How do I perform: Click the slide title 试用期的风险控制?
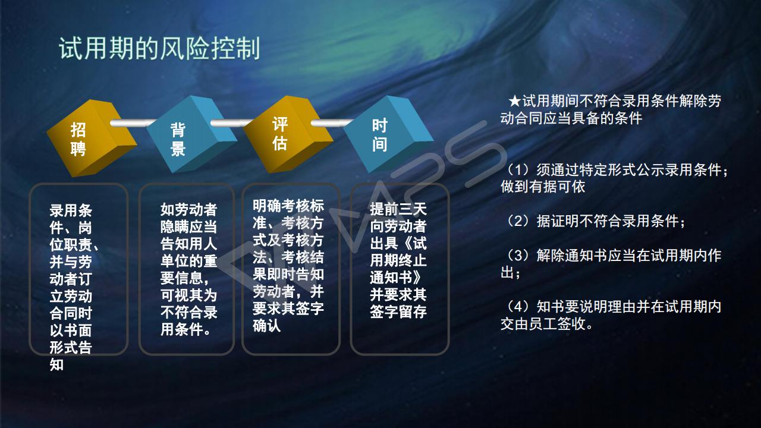point(159,49)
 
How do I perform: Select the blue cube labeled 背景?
point(191,134)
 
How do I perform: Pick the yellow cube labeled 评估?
point(288,134)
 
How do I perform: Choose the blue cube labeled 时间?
point(388,134)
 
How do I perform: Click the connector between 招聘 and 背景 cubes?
point(133,122)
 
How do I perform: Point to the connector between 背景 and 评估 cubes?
point(232,122)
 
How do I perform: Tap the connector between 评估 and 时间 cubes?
point(332,122)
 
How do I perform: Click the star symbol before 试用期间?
point(515,101)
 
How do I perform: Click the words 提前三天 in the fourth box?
point(398,209)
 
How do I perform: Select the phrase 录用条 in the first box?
point(71,210)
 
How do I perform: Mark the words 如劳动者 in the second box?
point(188,209)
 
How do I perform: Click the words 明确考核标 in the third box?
point(288,206)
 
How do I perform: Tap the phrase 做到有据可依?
point(543,187)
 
